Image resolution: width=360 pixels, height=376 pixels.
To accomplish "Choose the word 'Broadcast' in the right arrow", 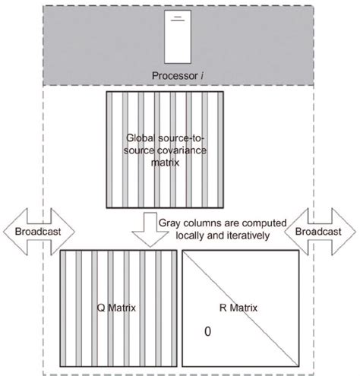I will point(317,229).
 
